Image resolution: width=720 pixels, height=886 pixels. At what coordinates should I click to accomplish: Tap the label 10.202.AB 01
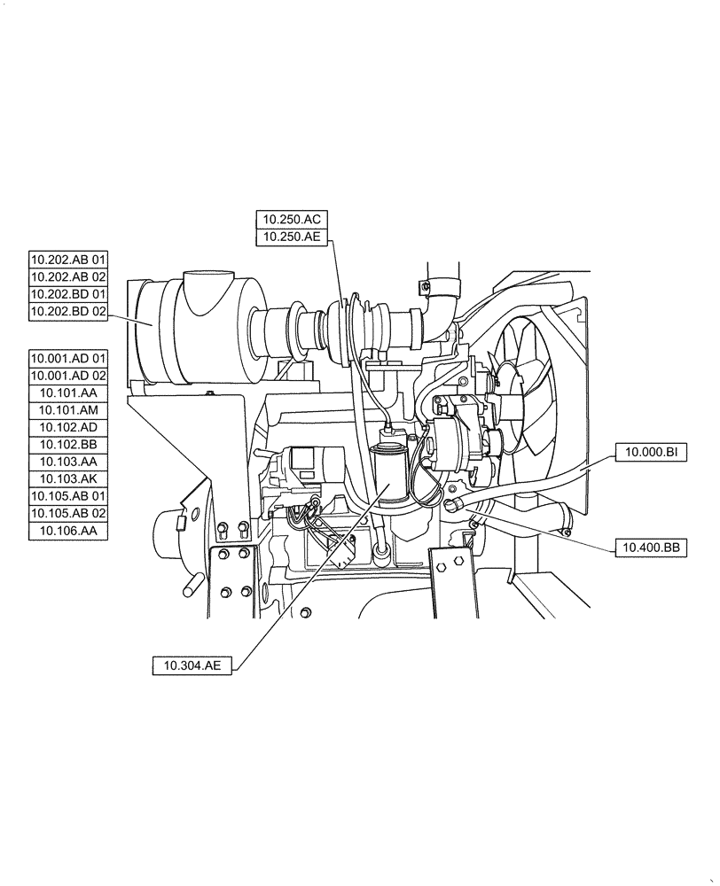pos(68,260)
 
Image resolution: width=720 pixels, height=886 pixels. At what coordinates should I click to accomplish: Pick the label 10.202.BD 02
pos(68,312)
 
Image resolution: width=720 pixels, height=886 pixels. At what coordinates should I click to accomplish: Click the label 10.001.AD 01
pos(68,358)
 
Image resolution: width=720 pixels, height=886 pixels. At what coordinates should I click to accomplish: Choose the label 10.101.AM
pos(68,410)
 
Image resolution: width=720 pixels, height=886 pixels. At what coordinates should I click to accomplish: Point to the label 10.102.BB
pos(68,445)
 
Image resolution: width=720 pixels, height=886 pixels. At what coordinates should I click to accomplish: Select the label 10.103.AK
pos(68,479)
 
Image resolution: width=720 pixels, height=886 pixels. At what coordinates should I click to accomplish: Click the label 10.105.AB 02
pos(68,514)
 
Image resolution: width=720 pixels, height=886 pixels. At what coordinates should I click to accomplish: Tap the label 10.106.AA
pos(68,532)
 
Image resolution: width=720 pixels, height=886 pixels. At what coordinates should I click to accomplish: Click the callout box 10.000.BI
pos(651,453)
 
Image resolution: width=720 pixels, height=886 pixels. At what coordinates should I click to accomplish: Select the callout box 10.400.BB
pos(651,548)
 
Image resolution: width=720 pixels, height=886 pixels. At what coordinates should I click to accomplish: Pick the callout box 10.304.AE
pos(192,666)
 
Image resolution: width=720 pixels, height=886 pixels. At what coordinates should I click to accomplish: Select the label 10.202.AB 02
pos(68,277)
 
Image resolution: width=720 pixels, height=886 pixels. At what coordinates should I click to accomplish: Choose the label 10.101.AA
pos(68,392)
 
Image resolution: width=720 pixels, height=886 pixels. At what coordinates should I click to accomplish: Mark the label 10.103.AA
pos(68,462)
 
